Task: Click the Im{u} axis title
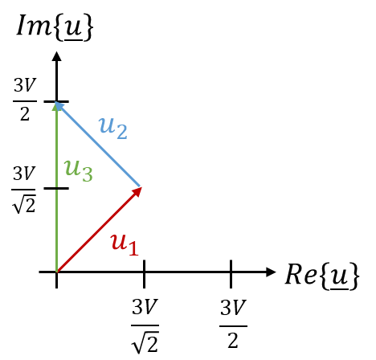55,27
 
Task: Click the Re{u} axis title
322,276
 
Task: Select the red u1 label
125,244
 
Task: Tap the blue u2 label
113,129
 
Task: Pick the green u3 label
78,170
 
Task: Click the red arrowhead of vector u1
137,192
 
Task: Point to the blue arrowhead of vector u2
59,106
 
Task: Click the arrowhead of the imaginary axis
56,56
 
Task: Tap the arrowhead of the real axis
271,272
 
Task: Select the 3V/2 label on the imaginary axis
25,100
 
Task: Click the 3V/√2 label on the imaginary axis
23,189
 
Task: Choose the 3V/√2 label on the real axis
145,325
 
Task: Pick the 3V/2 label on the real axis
233,324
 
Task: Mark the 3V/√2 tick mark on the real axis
144,274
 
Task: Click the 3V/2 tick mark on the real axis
231,274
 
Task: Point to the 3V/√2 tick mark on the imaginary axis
56,188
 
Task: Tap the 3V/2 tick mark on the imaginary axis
56,101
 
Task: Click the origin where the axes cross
56,272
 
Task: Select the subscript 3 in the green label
88,174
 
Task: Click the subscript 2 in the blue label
122,132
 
